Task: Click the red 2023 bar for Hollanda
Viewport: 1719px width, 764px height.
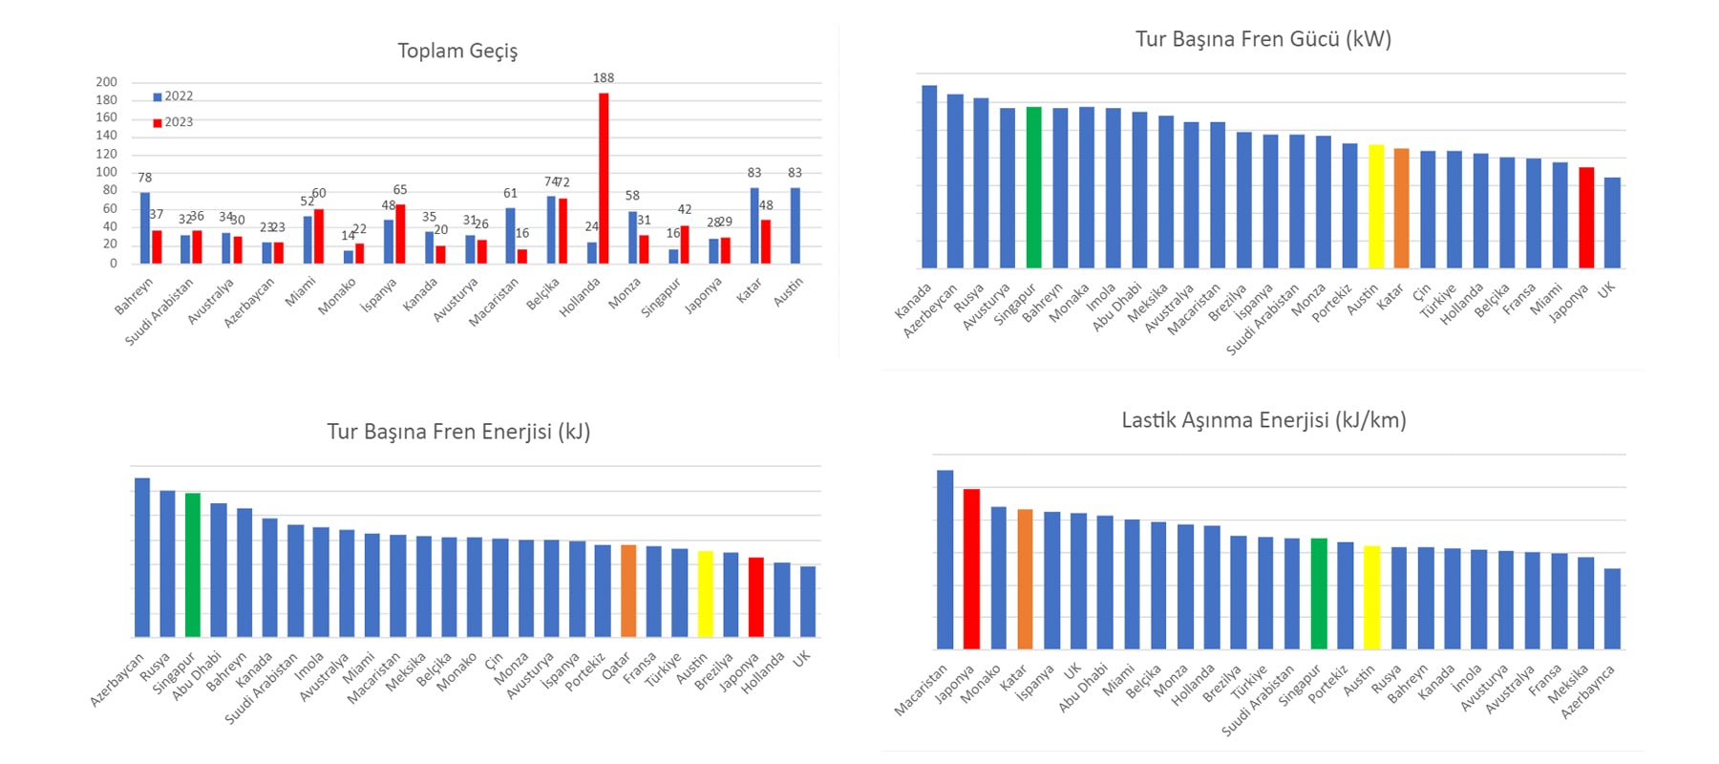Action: click(604, 178)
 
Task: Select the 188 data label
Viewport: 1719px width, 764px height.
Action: click(604, 78)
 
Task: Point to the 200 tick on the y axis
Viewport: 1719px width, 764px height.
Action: click(106, 82)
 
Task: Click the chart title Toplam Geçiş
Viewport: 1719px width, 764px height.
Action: click(457, 51)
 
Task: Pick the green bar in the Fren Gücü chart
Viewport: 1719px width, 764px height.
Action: click(1033, 187)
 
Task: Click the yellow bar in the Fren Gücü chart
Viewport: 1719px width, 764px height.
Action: click(1376, 206)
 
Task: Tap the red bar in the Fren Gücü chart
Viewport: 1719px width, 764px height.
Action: click(1586, 218)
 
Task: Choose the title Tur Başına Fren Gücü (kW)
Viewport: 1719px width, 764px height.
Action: click(1263, 39)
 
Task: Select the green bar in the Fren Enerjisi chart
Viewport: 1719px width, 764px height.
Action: click(193, 564)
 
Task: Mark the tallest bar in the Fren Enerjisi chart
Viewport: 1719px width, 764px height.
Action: click(142, 557)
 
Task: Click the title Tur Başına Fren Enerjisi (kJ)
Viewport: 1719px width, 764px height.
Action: click(458, 432)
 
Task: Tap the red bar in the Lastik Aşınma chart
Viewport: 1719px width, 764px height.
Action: click(971, 569)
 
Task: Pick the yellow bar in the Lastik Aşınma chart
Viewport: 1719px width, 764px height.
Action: click(1371, 597)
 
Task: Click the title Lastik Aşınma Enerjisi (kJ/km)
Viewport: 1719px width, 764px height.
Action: click(1263, 420)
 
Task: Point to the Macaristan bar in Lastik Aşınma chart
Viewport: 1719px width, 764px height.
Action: click(944, 560)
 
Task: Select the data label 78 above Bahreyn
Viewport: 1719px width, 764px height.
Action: click(144, 178)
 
